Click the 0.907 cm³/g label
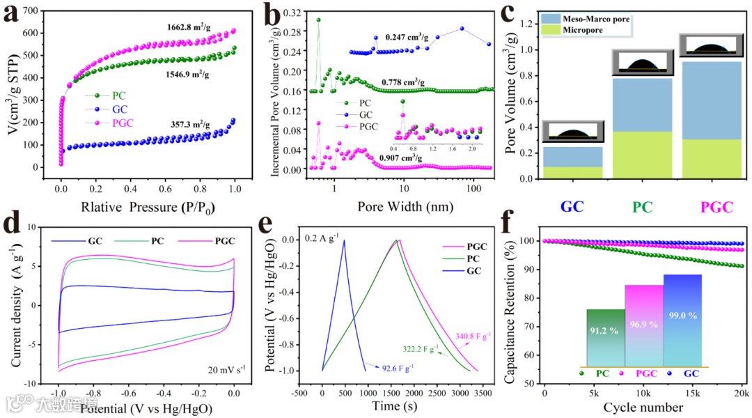click(x=403, y=158)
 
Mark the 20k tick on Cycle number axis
click(x=743, y=394)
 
